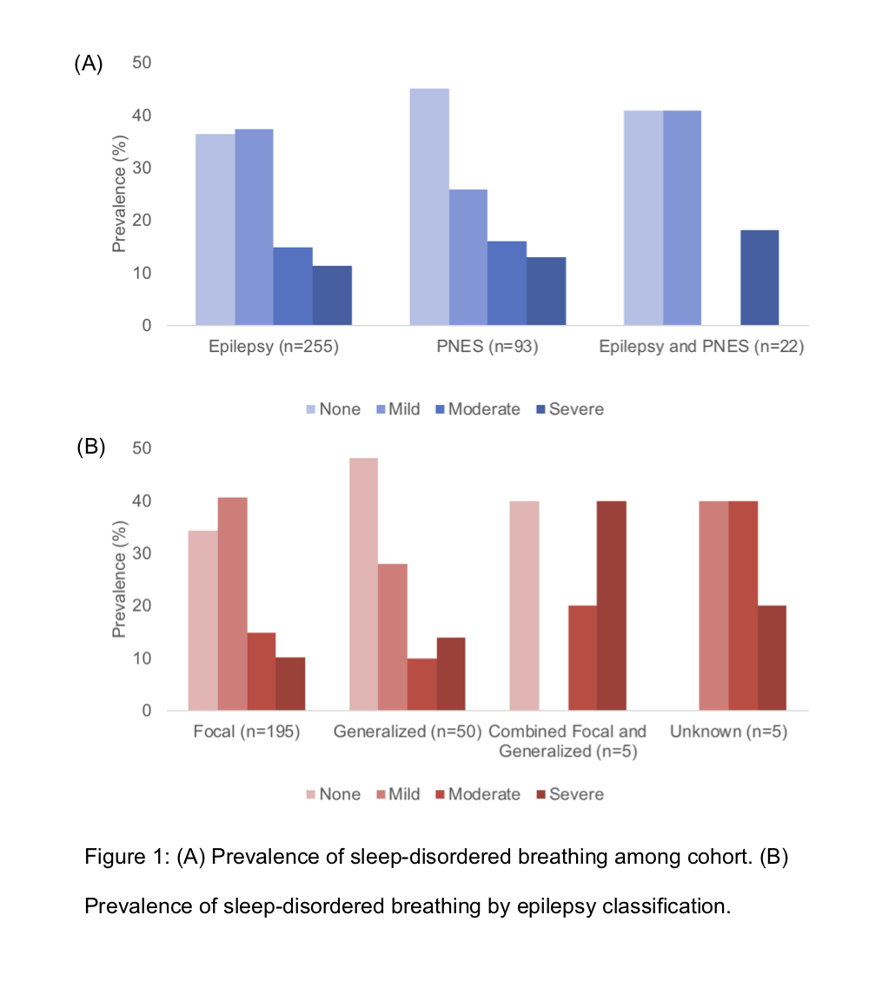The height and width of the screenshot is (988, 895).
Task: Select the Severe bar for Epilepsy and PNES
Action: [759, 277]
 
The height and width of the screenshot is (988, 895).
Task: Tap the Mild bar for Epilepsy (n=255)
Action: [254, 227]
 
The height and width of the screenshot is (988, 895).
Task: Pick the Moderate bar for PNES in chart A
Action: [507, 282]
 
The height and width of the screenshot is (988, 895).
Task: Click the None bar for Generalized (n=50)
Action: [363, 584]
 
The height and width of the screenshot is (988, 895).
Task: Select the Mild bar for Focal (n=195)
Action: [232, 604]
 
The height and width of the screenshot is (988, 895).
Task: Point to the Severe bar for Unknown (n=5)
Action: [772, 658]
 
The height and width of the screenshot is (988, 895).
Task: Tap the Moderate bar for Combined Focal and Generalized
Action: [582, 658]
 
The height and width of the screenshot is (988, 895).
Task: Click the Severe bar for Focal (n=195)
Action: [290, 684]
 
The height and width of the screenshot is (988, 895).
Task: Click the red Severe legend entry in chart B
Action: [568, 794]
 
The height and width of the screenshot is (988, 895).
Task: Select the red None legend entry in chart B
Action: [332, 794]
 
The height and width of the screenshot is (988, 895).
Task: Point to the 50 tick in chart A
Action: [142, 63]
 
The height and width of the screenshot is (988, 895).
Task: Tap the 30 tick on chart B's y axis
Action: [142, 554]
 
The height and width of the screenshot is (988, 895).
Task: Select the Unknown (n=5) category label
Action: [728, 733]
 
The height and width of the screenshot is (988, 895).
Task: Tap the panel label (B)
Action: [90, 448]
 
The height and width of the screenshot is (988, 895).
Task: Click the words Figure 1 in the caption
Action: [126, 857]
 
